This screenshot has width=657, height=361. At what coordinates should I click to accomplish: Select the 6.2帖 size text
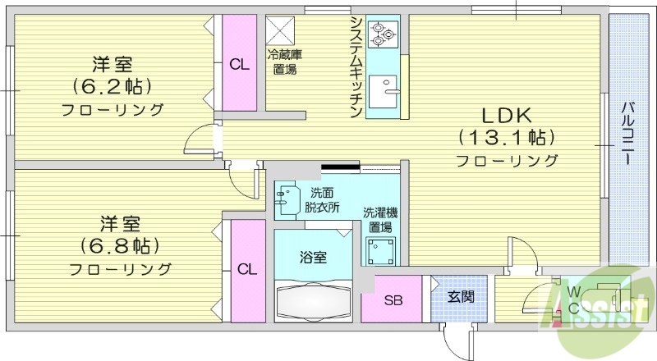point(113,85)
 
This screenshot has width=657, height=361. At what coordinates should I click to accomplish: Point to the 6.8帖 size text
point(119,244)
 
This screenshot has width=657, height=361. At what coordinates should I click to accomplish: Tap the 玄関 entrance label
point(460,297)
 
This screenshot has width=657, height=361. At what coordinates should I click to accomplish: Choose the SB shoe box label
point(393,299)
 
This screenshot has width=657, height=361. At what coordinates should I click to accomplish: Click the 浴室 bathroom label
point(313,258)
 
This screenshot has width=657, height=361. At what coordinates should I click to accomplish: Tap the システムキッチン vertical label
point(356,66)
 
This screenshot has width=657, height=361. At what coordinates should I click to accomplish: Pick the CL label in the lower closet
point(247,268)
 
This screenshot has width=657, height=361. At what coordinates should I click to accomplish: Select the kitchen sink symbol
point(384,88)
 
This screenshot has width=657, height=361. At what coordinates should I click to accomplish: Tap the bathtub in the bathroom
point(315,301)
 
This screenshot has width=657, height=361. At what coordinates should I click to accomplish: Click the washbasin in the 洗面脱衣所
point(287,202)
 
